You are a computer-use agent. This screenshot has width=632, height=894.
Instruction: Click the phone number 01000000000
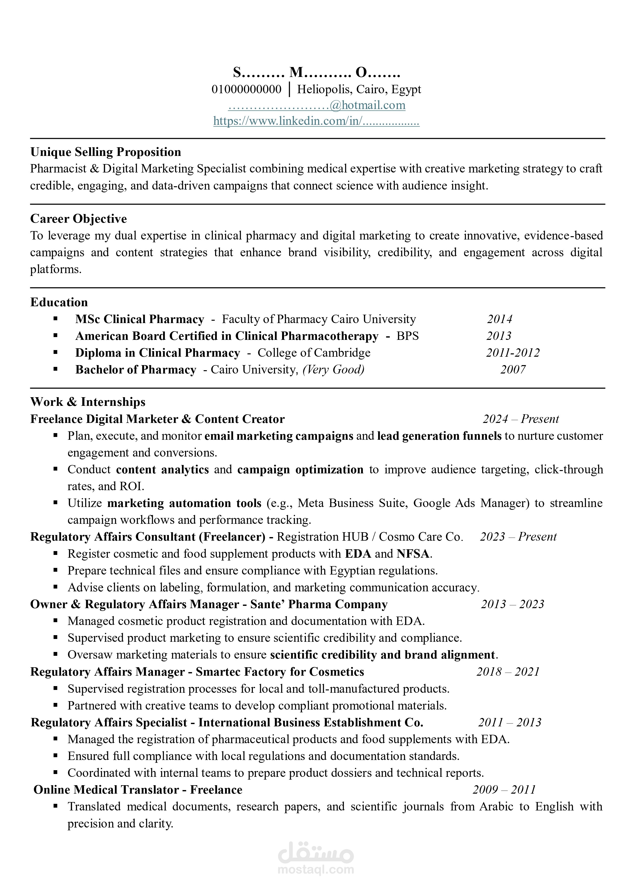[x=246, y=90]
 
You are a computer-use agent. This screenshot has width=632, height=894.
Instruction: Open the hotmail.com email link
[x=317, y=105]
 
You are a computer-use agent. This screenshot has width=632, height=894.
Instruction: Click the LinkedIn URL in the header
[x=316, y=122]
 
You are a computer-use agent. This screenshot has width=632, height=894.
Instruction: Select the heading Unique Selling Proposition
[x=106, y=152]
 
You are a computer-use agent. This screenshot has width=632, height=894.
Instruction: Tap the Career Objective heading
[x=79, y=219]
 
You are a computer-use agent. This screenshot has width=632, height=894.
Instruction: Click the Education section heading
[x=59, y=302]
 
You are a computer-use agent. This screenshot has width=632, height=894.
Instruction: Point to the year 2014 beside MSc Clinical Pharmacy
[x=499, y=319]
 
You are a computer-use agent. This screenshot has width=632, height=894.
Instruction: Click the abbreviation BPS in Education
[x=407, y=336]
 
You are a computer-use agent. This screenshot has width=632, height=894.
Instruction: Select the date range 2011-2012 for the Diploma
[x=513, y=353]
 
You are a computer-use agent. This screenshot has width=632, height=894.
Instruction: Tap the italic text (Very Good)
[x=333, y=369]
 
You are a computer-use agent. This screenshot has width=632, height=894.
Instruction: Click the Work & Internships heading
[x=88, y=402]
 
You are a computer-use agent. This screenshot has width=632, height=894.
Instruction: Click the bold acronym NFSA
[x=413, y=554]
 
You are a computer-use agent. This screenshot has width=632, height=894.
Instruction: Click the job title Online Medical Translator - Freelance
[x=138, y=790]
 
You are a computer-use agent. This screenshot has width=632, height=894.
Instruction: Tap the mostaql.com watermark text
[x=316, y=870]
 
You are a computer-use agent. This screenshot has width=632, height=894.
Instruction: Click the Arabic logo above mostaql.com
[x=316, y=852]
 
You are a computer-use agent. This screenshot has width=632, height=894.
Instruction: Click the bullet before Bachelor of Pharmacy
[x=56, y=369]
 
